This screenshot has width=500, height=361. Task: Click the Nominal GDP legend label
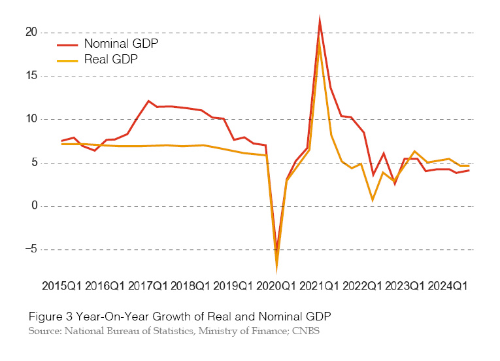121,44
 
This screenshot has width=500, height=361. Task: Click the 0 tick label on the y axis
33,206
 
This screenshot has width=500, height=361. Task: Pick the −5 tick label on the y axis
29,249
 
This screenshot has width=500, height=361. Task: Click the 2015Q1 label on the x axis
63,286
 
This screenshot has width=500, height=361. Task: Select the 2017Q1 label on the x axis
148,286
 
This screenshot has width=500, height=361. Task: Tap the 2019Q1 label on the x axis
233,286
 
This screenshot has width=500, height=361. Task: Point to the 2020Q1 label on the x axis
276,286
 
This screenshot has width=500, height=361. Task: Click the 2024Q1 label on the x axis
448,286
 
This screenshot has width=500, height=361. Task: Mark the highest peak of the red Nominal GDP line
319,20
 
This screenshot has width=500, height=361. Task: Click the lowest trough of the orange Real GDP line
276,269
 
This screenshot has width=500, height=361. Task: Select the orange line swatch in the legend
67,60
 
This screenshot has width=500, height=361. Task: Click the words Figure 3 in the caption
49,317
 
